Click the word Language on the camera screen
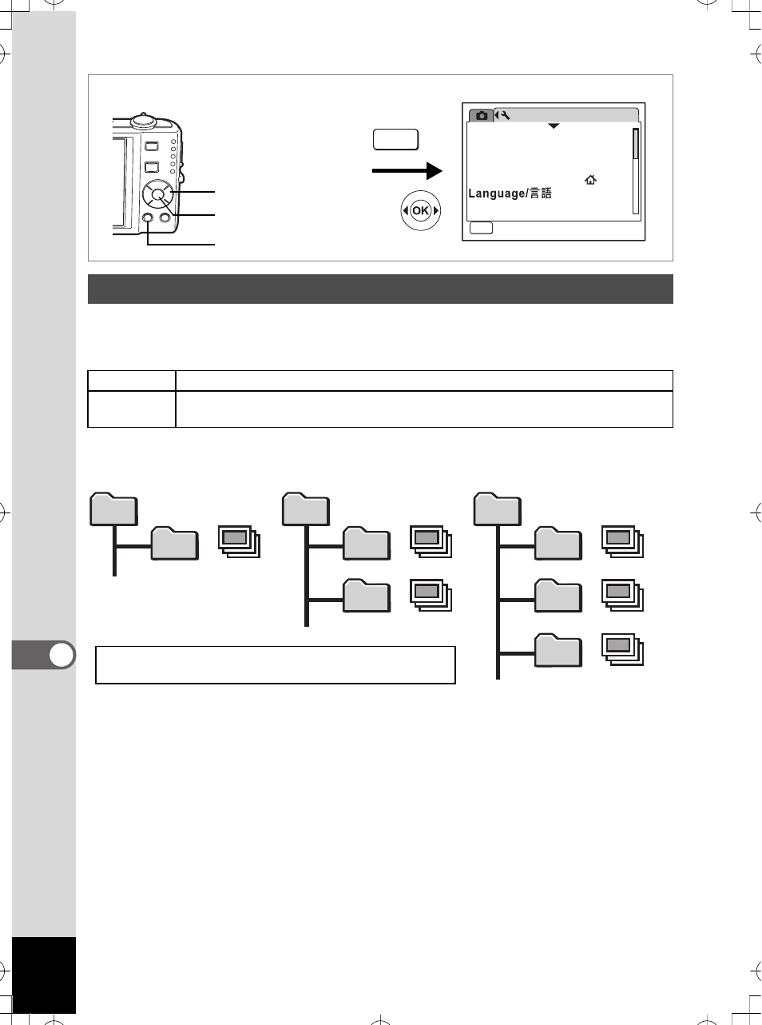pos(496,193)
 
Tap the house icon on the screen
pos(590,180)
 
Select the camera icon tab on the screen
pos(481,115)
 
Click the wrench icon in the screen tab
pos(506,115)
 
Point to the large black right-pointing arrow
pos(407,171)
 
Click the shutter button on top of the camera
pos(144,120)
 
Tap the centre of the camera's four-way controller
pos(157,195)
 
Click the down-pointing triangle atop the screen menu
pos(554,126)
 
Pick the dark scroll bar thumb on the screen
pos(636,144)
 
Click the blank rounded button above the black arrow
pos(396,140)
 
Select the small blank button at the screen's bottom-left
pos(481,228)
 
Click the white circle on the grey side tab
pos(62,655)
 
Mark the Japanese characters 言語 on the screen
pos(540,193)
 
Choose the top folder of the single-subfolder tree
pos(113,509)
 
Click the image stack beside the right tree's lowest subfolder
pos(622,650)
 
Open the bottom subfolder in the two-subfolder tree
pos(367,596)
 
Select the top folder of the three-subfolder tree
pos(498,509)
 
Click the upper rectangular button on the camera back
pos(152,146)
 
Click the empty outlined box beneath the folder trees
pos(276,665)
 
